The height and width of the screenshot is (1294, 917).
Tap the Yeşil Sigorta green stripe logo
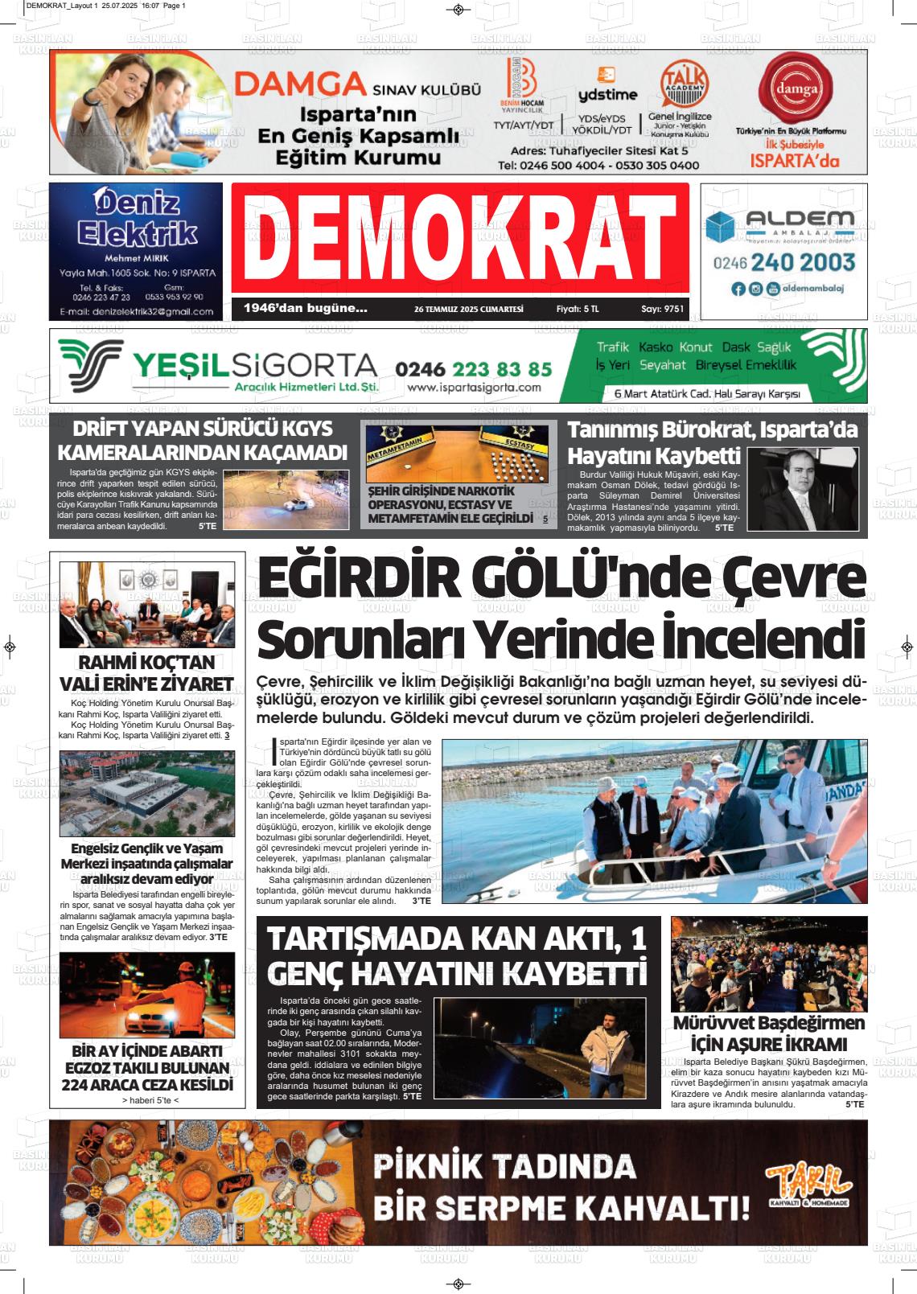90,364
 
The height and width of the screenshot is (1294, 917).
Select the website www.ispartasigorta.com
474,388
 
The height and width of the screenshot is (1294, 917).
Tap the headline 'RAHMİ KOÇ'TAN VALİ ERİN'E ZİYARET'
147,673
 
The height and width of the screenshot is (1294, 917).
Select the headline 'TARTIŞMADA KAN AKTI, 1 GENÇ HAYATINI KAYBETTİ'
457,955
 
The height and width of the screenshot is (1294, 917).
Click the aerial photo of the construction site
147,793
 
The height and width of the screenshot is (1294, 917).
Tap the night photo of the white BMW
147,996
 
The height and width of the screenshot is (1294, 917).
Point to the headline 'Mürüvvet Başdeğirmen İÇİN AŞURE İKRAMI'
768,1033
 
